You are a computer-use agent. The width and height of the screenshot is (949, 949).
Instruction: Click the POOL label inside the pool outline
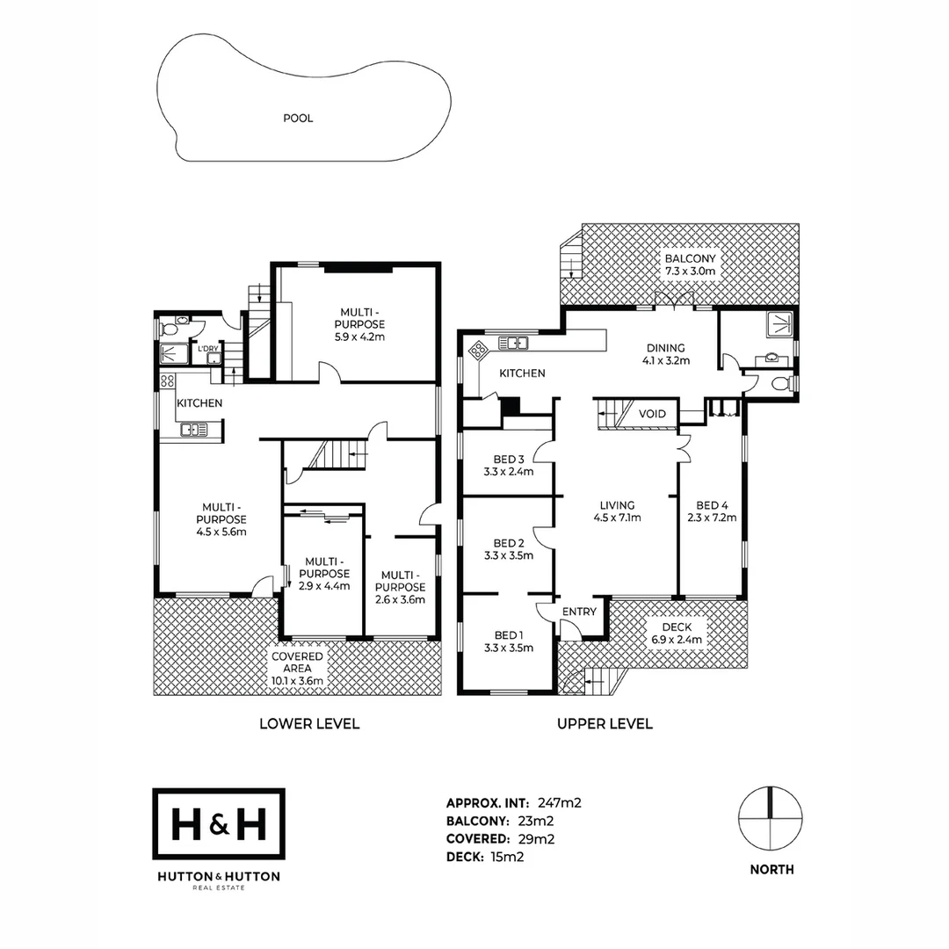pos(298,118)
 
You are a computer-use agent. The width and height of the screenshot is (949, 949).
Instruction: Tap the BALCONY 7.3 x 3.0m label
pos(690,265)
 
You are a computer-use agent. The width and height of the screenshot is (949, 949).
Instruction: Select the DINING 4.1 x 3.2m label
pos(664,354)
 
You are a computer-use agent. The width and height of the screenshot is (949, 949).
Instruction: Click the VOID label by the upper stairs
pos(652,414)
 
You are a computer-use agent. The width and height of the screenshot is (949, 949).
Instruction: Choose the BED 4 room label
pos(712,511)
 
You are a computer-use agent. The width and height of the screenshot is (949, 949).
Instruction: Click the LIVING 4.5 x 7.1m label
pos(617,511)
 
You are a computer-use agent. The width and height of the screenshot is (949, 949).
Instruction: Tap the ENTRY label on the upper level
pos(579,612)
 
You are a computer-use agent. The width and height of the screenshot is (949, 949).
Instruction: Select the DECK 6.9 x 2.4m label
pos(677,634)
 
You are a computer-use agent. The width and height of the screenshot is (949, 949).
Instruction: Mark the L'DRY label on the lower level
pos(207,349)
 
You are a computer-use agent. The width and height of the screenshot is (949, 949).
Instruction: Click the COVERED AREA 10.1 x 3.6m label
pos(297,669)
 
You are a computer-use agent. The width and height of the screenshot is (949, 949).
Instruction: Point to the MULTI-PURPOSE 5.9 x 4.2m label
pos(361,323)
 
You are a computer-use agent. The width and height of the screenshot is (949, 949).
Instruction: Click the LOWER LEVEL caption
pos(309,724)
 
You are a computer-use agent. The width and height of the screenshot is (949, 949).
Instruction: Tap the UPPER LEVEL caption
pos(605,724)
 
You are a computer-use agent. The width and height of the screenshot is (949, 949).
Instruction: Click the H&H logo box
pos(219,824)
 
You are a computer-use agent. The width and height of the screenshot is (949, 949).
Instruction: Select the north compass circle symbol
pos(771,818)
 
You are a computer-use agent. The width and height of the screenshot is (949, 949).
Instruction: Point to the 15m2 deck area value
pos(507,857)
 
